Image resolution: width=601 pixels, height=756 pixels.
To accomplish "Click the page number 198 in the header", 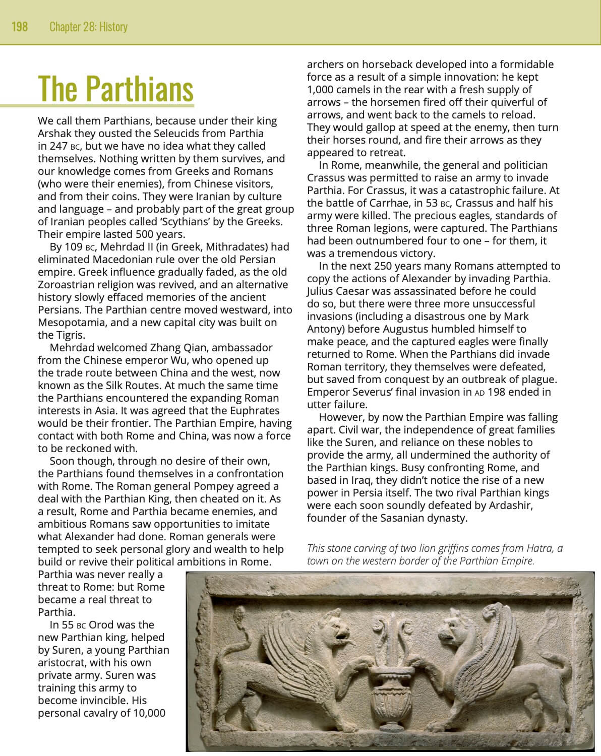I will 20,26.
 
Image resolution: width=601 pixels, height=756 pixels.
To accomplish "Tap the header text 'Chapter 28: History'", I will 88,26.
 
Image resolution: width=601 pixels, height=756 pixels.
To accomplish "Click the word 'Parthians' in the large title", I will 139,89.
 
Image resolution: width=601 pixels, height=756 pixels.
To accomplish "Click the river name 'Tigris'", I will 69,335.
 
